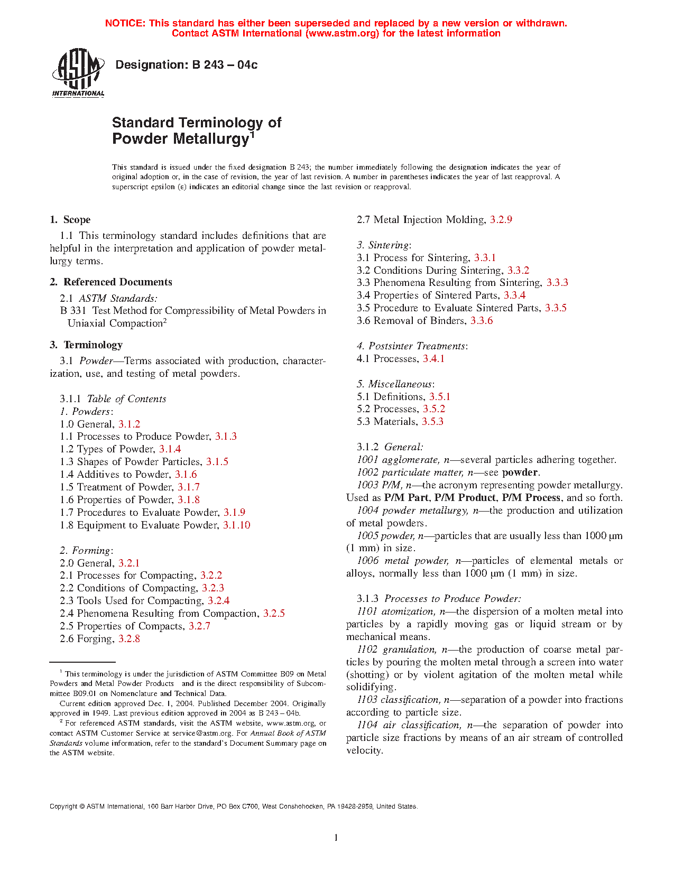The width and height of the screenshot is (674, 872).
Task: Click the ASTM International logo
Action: coord(78,73)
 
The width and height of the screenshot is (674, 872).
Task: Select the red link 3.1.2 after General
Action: coord(129,424)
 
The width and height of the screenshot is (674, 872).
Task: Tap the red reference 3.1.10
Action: coord(236,525)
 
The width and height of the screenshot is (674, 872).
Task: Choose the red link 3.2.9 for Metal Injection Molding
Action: coord(501,219)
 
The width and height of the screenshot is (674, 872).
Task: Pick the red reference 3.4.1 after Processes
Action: coord(433,358)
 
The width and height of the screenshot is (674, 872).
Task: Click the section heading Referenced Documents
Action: coord(118,282)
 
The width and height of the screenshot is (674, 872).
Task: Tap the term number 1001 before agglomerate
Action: coord(367,459)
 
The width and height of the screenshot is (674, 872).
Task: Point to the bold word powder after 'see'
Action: coord(520,472)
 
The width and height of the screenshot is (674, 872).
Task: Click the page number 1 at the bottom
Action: coord(336,837)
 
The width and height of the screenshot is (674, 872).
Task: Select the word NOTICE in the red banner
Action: coord(125,23)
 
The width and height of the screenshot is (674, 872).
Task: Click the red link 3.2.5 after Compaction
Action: coord(274,613)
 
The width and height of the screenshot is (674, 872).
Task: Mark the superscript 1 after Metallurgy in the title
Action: coord(253,134)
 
